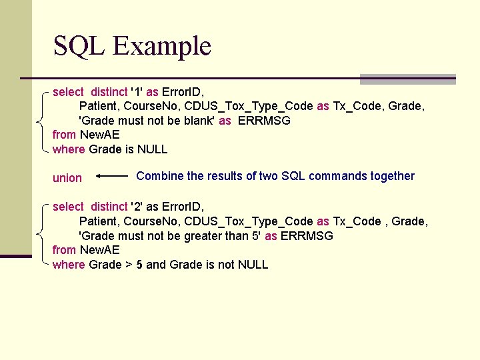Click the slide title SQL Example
pos(132,46)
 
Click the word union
pos(67,178)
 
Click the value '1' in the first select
pos(137,92)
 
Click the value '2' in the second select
pos(137,207)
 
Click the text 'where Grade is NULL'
pos(110,149)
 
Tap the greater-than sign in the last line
pos(129,265)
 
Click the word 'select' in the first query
pos(68,92)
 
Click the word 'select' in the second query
pos(68,207)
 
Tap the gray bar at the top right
pos(407,79)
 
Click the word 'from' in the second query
pos(64,250)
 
